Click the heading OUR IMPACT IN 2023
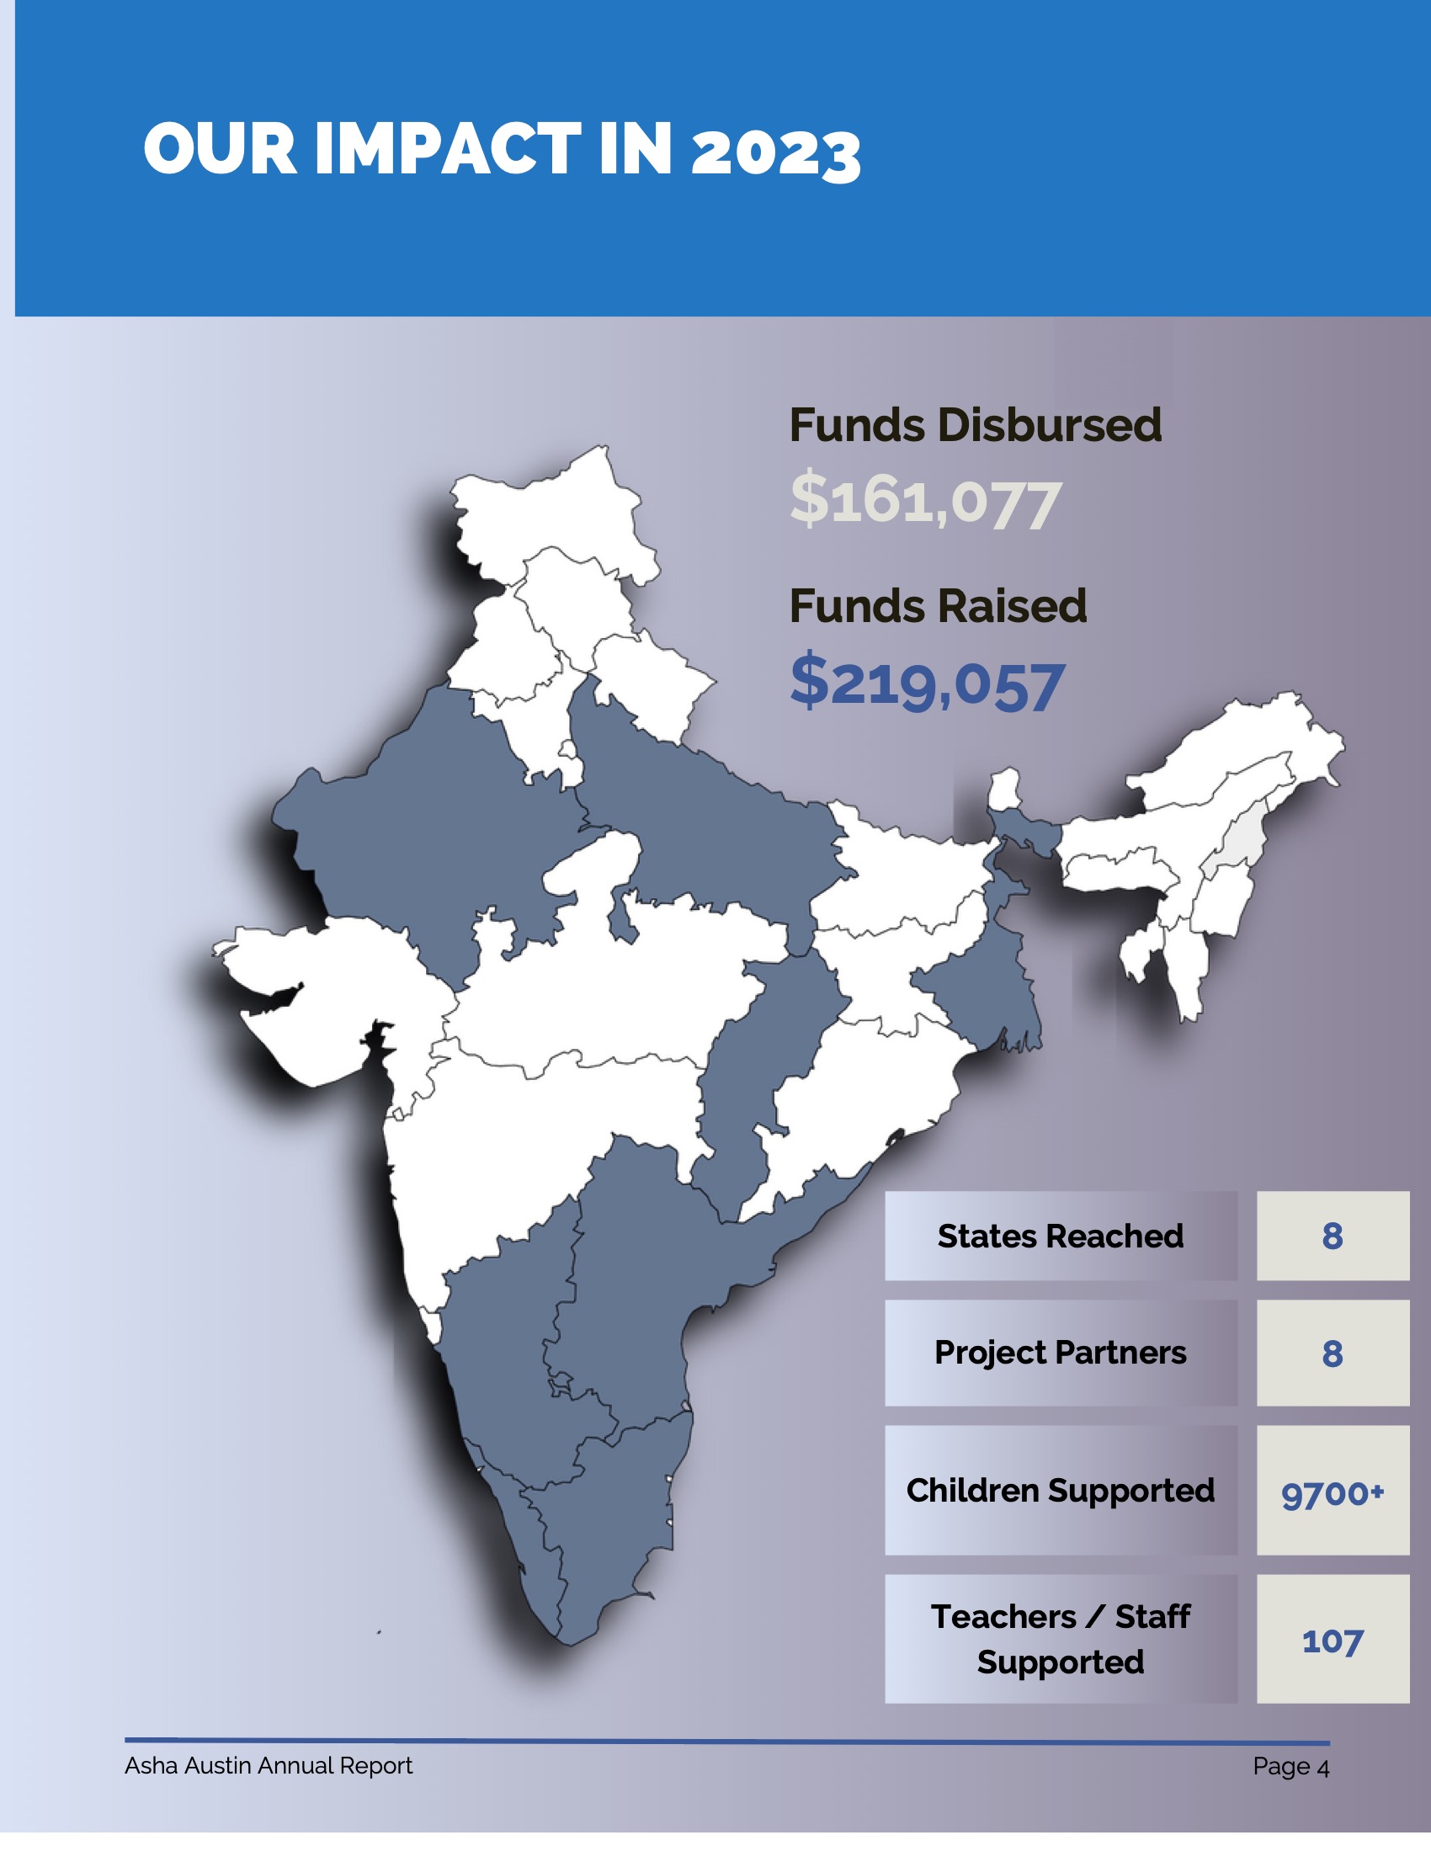coord(502,150)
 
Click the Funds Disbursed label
coord(975,424)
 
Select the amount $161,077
coord(925,501)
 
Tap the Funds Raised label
coord(938,606)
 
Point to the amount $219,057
coord(927,683)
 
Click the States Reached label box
coord(1060,1237)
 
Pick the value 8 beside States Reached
coord(1332,1237)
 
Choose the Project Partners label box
coord(1060,1353)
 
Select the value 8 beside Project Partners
coord(1332,1354)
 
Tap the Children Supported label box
coord(1060,1491)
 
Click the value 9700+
coord(1332,1493)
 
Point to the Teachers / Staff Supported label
coord(1060,1639)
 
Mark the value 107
coord(1332,1641)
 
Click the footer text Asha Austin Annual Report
coord(268,1765)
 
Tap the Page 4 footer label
coord(1290,1766)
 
